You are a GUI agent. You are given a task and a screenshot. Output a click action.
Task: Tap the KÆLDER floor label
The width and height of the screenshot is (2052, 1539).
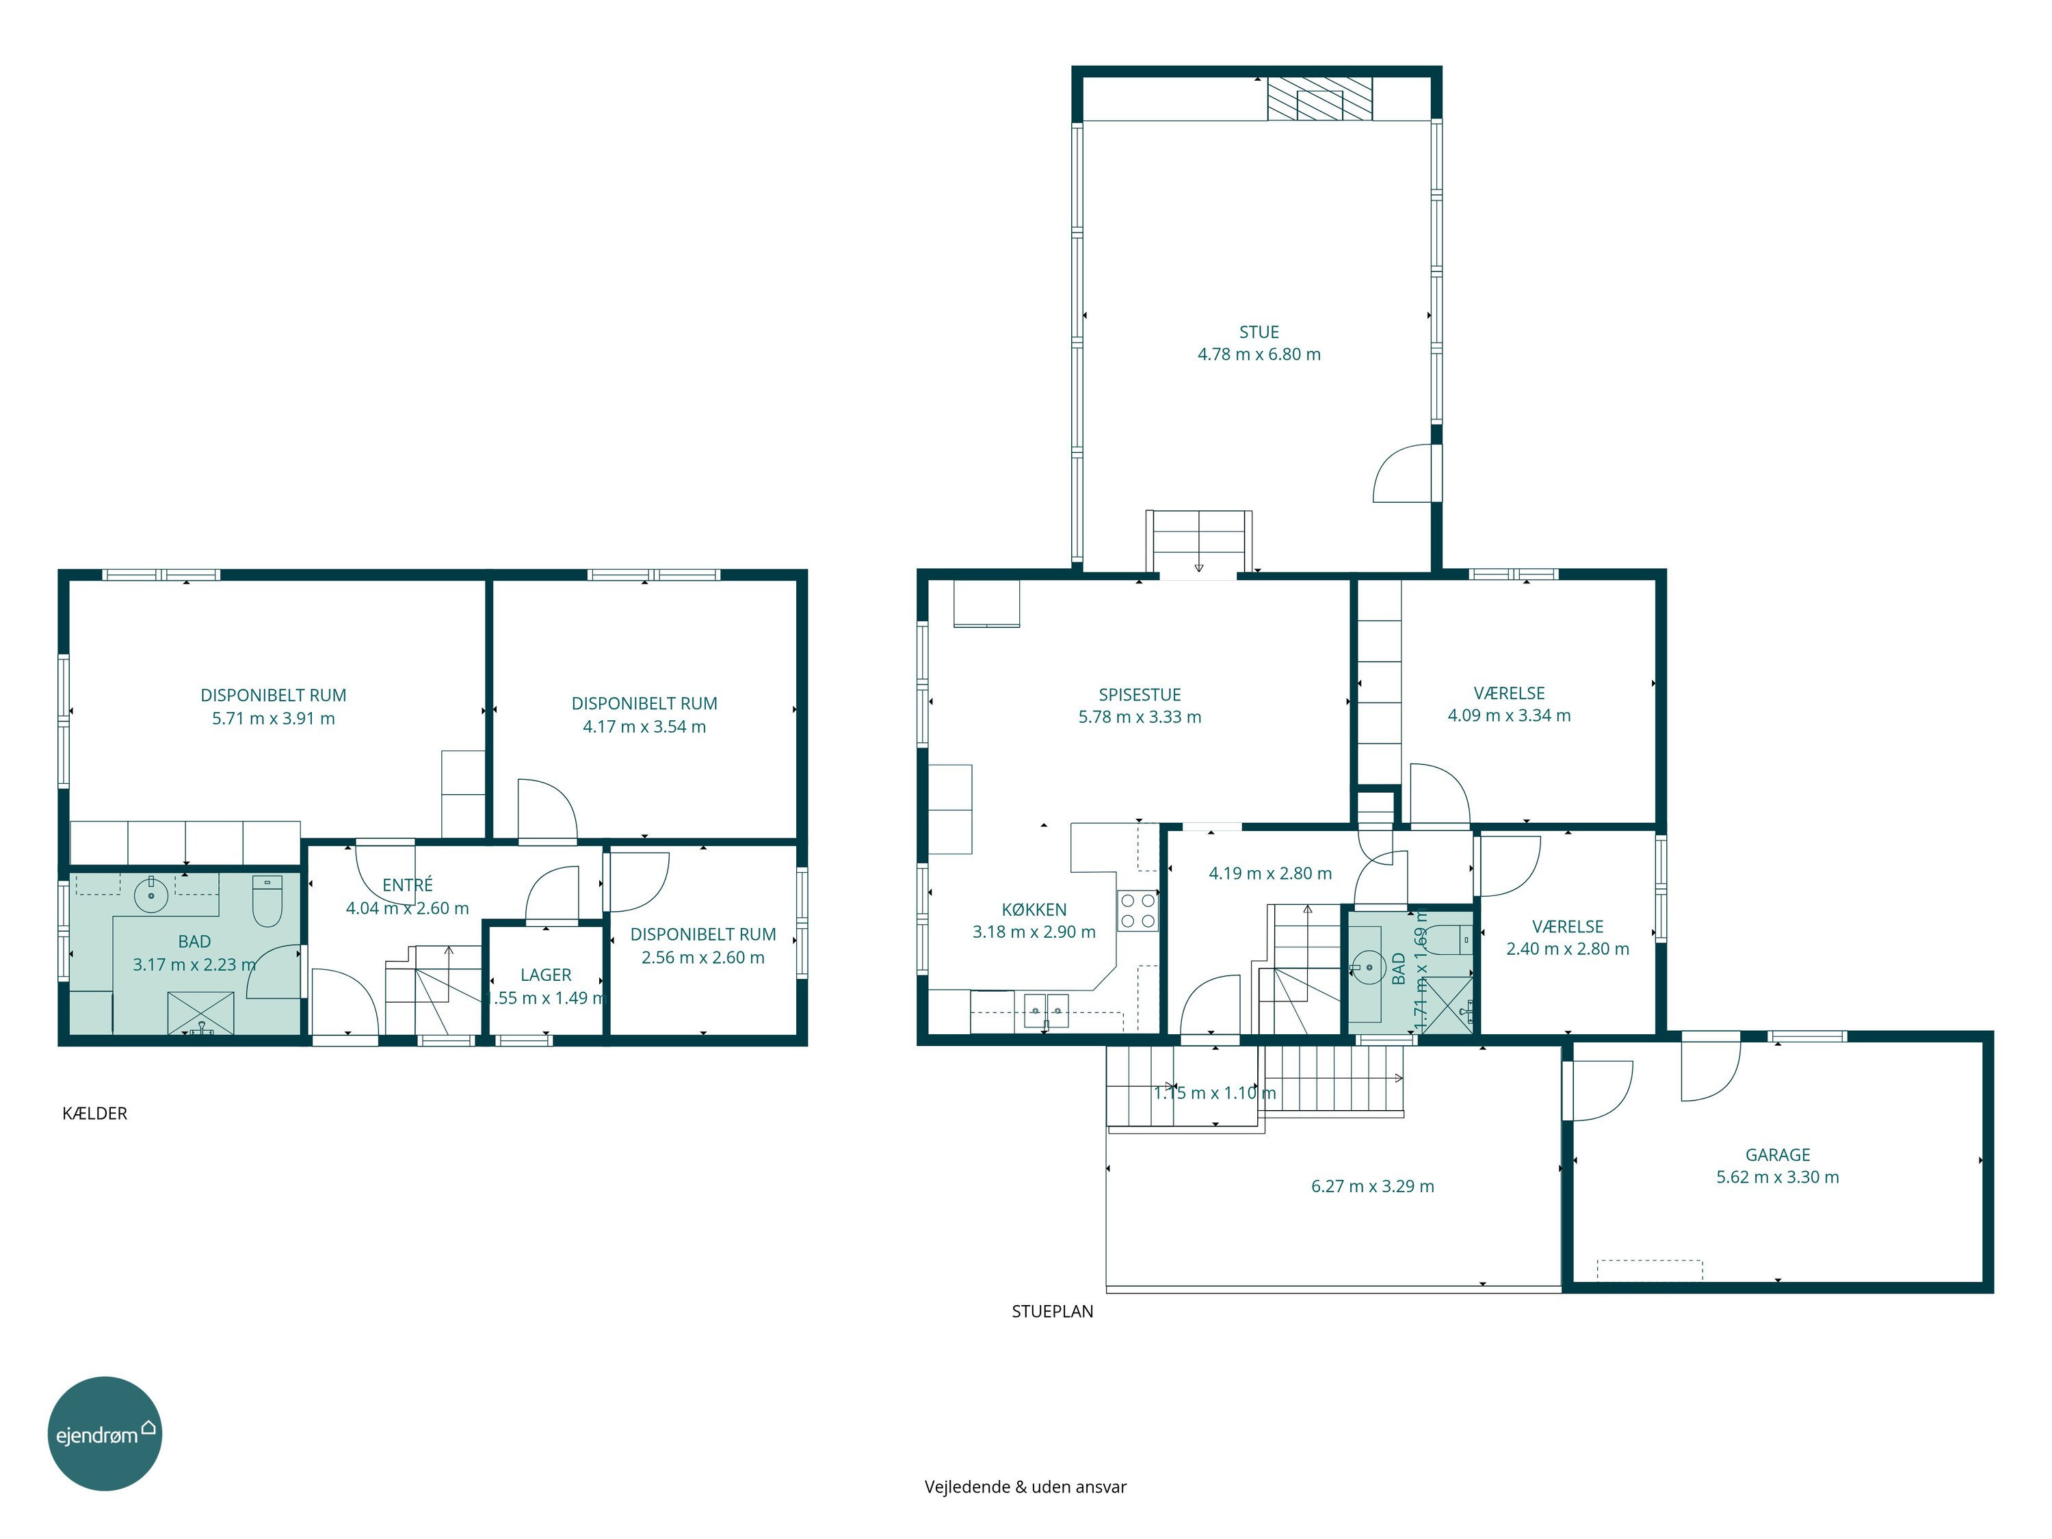[x=94, y=1113]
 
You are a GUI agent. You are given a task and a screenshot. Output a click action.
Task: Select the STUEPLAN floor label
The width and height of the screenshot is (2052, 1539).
[x=1052, y=1311]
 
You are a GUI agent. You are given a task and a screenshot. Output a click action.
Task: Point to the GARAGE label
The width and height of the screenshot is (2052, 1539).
[x=1778, y=1155]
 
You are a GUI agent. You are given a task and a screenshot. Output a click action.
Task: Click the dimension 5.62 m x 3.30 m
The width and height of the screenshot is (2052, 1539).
[x=1778, y=1177]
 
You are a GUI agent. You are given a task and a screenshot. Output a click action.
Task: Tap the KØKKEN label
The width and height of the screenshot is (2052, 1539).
[x=1034, y=910]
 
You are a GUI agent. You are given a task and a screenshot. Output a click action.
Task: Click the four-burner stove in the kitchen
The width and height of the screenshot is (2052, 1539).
[x=1137, y=910]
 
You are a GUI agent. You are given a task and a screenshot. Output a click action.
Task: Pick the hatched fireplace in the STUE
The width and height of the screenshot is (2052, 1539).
[x=1320, y=98]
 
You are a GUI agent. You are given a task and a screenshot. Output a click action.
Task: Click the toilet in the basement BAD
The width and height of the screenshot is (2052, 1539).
[x=267, y=902]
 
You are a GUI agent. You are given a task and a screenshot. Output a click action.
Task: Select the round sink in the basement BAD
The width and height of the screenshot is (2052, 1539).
[x=151, y=895]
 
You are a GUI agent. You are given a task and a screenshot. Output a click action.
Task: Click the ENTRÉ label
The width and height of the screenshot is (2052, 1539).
[x=407, y=885]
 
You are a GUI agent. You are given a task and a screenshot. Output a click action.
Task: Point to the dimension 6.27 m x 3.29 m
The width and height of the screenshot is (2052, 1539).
[x=1372, y=1187]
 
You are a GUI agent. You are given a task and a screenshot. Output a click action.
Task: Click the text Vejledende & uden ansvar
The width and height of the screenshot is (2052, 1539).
[x=1025, y=1487]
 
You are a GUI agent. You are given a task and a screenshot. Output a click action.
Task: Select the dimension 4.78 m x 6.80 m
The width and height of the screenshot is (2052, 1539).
[x=1259, y=354]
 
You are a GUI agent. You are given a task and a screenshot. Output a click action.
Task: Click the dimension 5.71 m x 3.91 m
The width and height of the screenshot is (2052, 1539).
[x=273, y=719]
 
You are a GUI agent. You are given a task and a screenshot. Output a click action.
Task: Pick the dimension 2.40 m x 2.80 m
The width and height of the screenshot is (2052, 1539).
[x=1567, y=949]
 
